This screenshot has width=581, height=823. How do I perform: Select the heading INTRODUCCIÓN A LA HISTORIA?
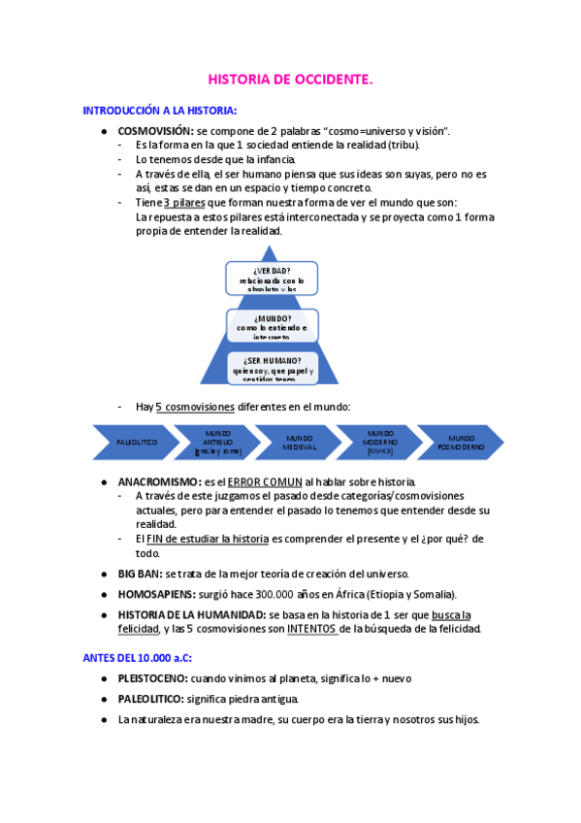[x=160, y=111]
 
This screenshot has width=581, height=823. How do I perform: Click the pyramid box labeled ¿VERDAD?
[x=272, y=278]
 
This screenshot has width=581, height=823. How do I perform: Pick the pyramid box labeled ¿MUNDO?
[x=272, y=325]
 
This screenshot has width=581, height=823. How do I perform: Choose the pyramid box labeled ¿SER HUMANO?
[x=272, y=368]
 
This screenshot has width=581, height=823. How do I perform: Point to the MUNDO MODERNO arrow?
[x=380, y=442]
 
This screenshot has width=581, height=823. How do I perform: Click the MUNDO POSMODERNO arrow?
[x=461, y=442]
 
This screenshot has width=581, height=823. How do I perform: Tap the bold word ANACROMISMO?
[x=158, y=481]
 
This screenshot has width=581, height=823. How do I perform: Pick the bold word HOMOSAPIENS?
[x=156, y=593]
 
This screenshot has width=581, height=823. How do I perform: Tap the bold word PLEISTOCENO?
[x=152, y=678]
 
